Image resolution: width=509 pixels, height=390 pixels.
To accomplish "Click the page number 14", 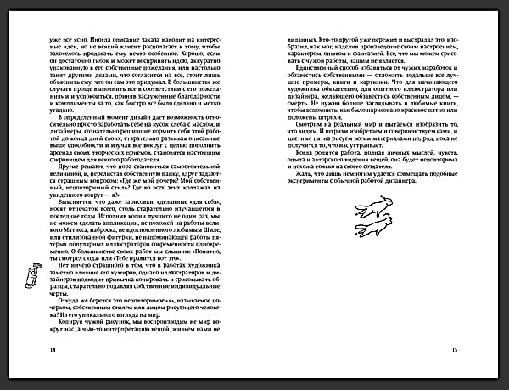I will [30, 348].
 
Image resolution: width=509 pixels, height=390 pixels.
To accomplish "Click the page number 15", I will [478, 348].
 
